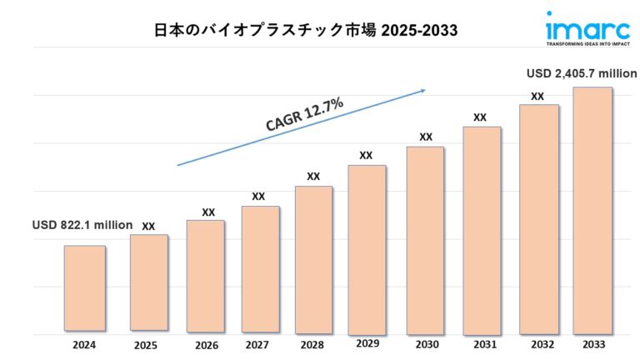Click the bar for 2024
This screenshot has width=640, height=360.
pyautogui.click(x=85, y=287)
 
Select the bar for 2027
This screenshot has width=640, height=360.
pyautogui.click(x=261, y=267)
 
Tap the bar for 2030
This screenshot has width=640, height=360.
pyautogui.click(x=425, y=238)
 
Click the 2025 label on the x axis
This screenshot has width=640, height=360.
pyautogui.click(x=146, y=345)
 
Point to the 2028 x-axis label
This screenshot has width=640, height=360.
pyautogui.click(x=313, y=345)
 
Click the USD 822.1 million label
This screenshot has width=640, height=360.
pyautogui.click(x=82, y=225)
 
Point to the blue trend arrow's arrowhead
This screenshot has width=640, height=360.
pyautogui.click(x=422, y=90)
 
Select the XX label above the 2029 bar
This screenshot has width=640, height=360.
pyautogui.click(x=366, y=155)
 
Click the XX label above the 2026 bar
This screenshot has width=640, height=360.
pyautogui.click(x=208, y=212)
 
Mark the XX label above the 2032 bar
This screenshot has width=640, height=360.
pyautogui.click(x=537, y=97)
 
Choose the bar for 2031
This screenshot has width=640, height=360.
pyautogui.click(x=482, y=228)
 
